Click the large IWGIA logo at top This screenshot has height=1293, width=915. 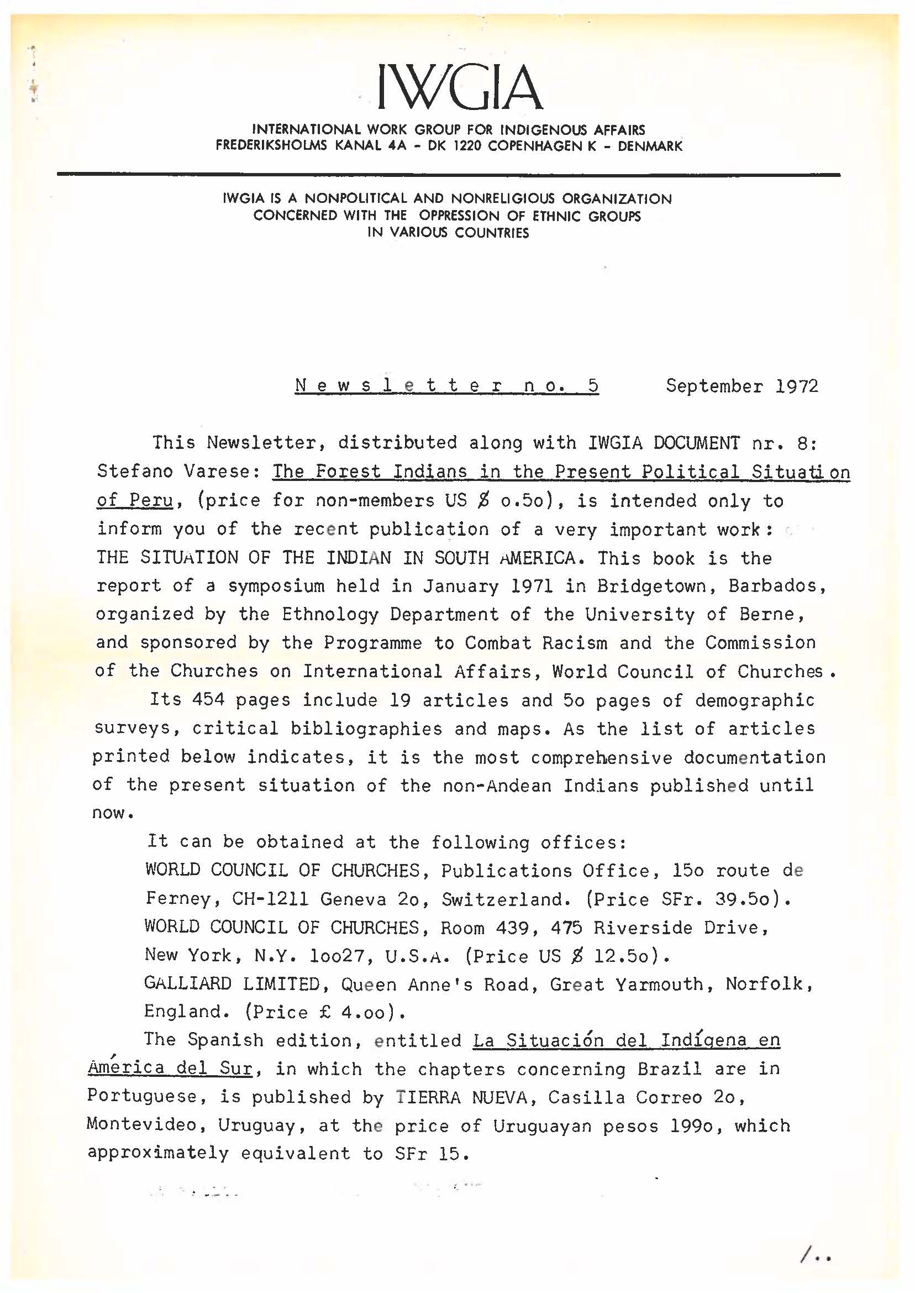460,87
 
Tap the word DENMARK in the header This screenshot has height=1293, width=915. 650,146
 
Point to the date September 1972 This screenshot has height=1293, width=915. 742,386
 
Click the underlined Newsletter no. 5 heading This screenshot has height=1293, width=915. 446,386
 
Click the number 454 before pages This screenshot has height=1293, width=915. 208,700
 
